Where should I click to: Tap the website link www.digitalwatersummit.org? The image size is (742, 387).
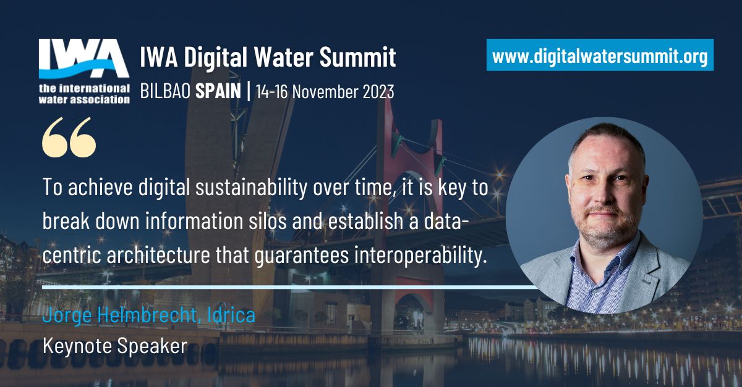[600, 57]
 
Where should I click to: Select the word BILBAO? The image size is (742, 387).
[166, 91]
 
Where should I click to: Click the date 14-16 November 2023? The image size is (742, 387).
[325, 91]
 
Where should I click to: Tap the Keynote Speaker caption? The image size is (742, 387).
[114, 346]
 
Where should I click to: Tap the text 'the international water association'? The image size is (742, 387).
[84, 92]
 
